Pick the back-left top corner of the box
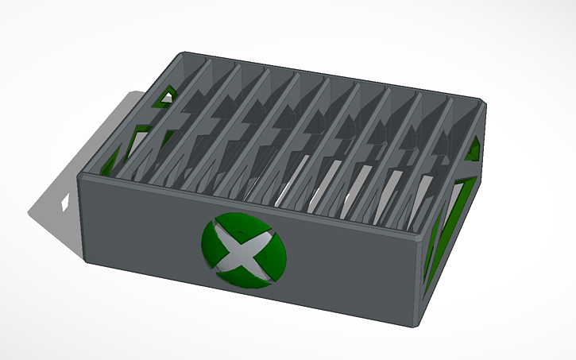tap(185, 54)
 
